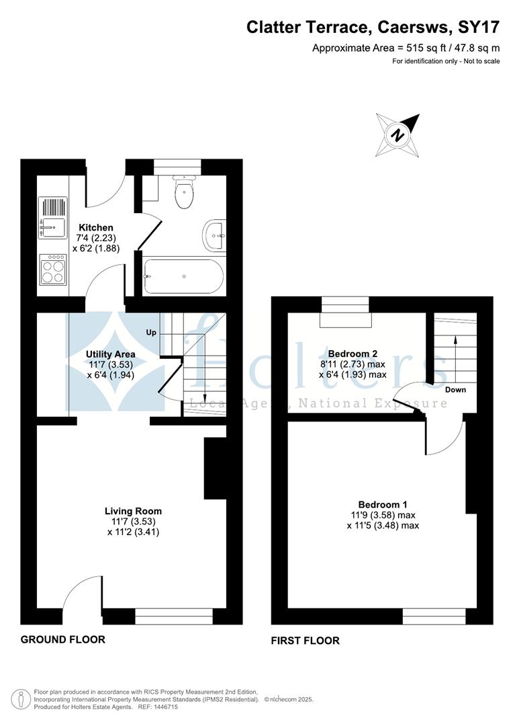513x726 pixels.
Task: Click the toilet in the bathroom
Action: click(183, 192)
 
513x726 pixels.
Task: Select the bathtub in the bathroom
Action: click(182, 276)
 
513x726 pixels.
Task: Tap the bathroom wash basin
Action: click(214, 235)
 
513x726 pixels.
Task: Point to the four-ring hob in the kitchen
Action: click(53, 269)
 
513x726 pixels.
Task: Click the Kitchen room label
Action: click(96, 228)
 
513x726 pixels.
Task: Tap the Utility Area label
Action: click(111, 354)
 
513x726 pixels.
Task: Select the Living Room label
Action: click(133, 511)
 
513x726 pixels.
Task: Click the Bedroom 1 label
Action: click(382, 504)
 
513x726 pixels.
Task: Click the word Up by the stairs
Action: click(152, 332)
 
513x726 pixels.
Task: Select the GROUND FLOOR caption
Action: click(62, 639)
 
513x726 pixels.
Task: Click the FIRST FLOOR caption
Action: click(305, 641)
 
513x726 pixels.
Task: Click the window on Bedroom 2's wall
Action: click(345, 305)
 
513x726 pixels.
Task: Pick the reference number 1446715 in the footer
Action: click(163, 707)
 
